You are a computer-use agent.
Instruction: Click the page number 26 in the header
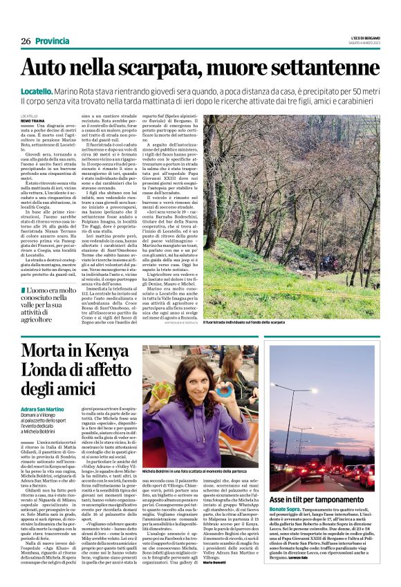tap(26, 41)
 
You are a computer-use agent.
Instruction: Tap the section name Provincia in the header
tap(53, 41)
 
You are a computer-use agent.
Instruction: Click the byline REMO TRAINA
tap(32, 120)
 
